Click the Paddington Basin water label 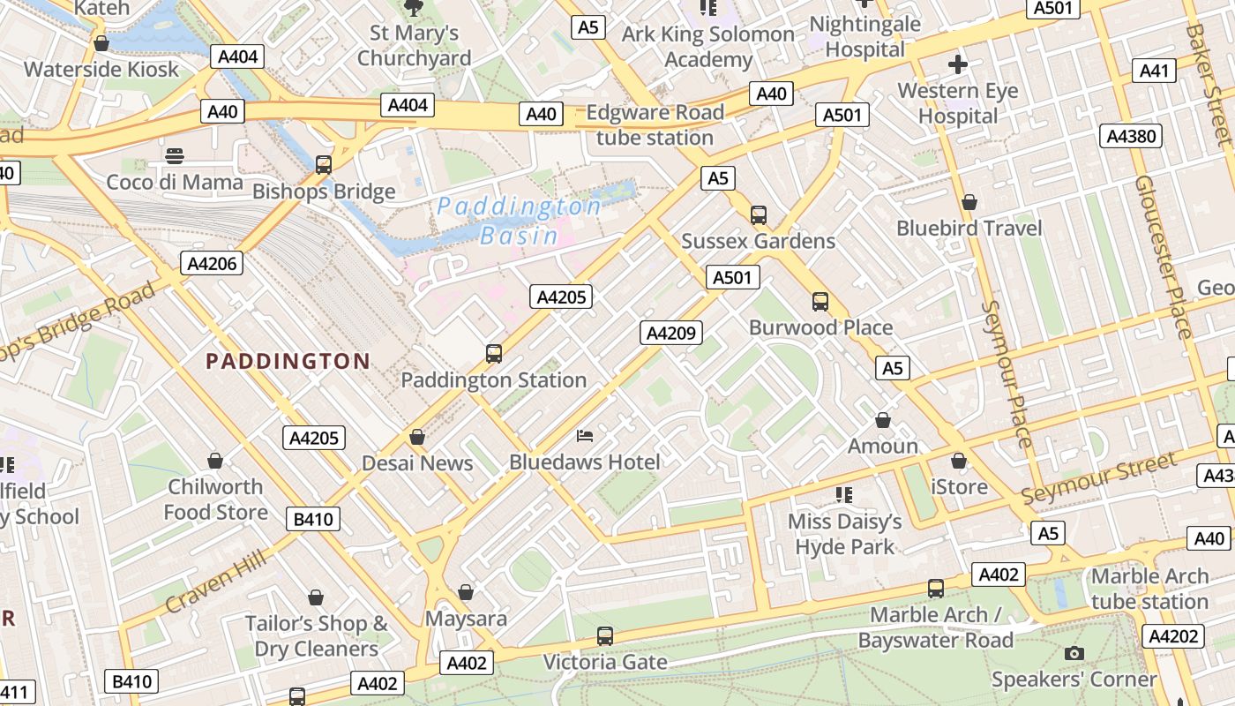tap(520, 221)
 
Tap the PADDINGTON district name tap(288, 361)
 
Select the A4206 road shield tap(212, 263)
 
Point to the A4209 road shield tap(671, 333)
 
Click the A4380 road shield tap(1133, 136)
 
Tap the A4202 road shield tap(1173, 635)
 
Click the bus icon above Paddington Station tap(494, 354)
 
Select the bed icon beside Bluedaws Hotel tap(585, 435)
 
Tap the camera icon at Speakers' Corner tap(1074, 653)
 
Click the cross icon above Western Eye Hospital tap(958, 64)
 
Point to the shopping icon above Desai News tap(417, 437)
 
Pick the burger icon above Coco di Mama tap(175, 156)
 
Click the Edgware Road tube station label tap(655, 125)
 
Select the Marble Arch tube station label tap(1149, 589)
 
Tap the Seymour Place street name tap(1006, 374)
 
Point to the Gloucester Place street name tap(1164, 257)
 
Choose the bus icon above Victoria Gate tap(605, 635)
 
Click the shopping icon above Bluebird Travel tap(969, 202)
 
